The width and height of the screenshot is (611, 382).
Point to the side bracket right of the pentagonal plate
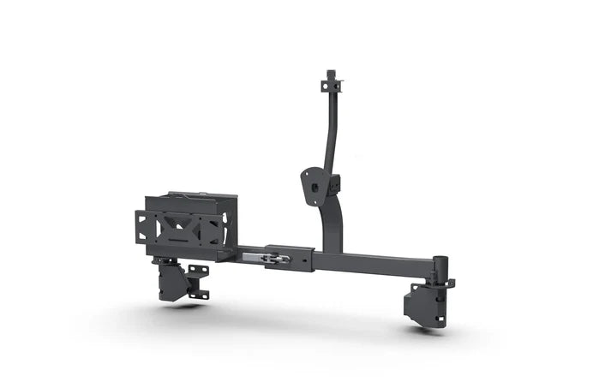coord(334,183)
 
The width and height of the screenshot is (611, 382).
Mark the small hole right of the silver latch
coord(302,255)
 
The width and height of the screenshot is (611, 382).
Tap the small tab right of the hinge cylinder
coord(450,282)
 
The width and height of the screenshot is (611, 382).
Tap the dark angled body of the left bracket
coord(174,281)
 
